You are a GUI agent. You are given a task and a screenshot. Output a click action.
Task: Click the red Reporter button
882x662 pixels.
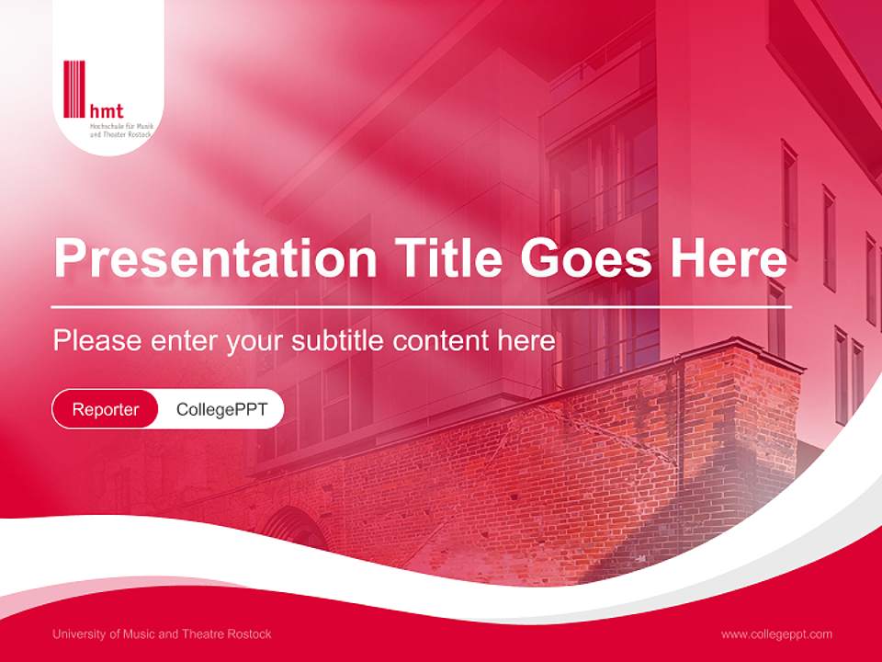point(106,409)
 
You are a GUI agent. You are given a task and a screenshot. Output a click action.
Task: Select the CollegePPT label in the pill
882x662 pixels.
point(221,409)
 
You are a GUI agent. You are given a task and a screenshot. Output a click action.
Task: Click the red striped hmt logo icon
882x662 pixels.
point(74,89)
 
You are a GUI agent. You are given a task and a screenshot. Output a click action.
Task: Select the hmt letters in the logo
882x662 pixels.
point(106,110)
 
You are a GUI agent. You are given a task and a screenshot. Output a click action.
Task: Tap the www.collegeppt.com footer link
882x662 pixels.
point(776,633)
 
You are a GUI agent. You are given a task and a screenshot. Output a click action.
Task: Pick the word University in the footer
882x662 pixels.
point(78,633)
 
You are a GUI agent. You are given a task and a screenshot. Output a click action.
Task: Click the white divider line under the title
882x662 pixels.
point(421,306)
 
